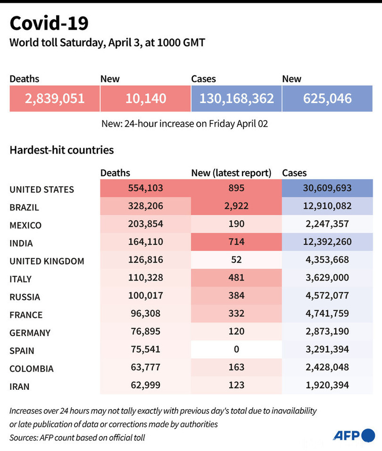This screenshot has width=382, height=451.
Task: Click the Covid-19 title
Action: pyautogui.click(x=48, y=23)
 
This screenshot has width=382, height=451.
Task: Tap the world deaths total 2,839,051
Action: pyautogui.click(x=55, y=98)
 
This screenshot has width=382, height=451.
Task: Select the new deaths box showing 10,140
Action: pyautogui.click(x=146, y=98)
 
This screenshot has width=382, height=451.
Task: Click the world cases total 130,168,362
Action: pyautogui.click(x=237, y=98)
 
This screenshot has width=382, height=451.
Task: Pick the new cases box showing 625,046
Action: pyautogui.click(x=328, y=98)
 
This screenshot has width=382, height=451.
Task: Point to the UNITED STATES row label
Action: pyautogui.click(x=42, y=189)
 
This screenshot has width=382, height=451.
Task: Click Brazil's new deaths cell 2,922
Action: pyautogui.click(x=236, y=206)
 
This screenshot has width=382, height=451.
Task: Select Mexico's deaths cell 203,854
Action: pyautogui.click(x=146, y=224)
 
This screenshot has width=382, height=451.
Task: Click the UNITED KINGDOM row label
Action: pyautogui.click(x=47, y=261)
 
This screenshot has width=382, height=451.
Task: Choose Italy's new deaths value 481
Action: pyautogui.click(x=236, y=278)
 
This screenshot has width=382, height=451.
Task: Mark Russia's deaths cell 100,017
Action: pyautogui.click(x=146, y=296)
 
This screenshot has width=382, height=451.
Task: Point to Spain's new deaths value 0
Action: pyautogui.click(x=236, y=349)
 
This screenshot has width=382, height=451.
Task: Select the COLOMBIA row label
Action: pyautogui.click(x=32, y=369)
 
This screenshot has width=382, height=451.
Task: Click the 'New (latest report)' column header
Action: pyautogui.click(x=231, y=173)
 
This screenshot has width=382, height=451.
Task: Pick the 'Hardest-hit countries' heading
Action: pyautogui.click(x=61, y=150)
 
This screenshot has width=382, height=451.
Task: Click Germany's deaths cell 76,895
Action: pyautogui.click(x=146, y=331)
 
